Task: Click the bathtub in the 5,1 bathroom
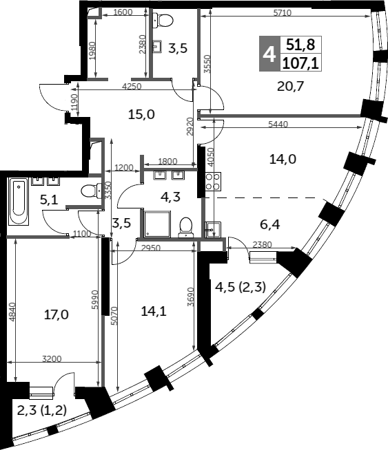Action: (19, 201)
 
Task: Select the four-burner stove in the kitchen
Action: (213, 182)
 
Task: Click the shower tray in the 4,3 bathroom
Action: (156, 224)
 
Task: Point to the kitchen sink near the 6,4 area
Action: (213, 230)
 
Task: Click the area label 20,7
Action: (290, 86)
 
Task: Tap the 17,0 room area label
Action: (57, 315)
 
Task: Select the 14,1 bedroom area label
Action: (154, 311)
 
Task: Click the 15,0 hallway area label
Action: (141, 114)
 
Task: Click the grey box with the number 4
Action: (269, 54)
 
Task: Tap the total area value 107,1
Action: (300, 63)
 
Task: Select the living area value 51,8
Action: (300, 45)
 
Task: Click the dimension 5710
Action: (283, 13)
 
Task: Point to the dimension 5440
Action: (278, 124)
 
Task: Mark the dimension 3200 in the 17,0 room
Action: (52, 358)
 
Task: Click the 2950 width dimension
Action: (151, 248)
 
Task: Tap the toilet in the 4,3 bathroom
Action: (185, 227)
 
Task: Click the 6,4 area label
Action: (270, 224)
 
